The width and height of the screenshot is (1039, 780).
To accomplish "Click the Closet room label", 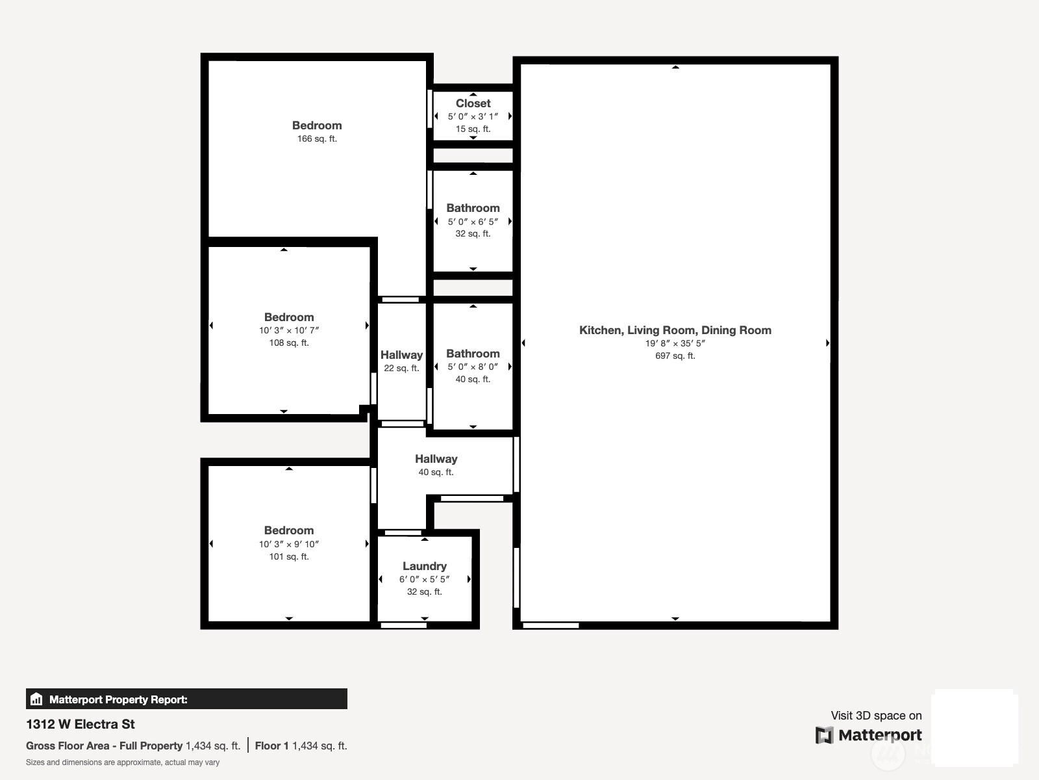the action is pos(473,103).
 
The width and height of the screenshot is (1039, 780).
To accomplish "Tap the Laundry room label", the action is pos(425,566).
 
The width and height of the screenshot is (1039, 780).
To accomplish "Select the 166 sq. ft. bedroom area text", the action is pos(317,138).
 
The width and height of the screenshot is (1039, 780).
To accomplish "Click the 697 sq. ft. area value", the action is pos(675,356).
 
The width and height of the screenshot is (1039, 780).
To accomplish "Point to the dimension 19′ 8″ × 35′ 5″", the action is pos(675,343).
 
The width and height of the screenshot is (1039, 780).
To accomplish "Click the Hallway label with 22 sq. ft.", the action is pos(401,355).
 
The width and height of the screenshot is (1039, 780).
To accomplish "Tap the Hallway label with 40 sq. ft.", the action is pos(436,458).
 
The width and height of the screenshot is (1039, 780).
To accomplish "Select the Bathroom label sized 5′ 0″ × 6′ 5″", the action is pos(473,208).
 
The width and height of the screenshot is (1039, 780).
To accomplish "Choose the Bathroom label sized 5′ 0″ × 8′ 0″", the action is pos(473,354).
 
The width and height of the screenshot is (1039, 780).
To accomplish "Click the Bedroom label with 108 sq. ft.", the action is pos(289,317).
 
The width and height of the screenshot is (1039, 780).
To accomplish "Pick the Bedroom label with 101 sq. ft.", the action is pos(289,530).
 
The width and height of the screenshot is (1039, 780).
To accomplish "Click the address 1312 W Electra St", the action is pos(81,724).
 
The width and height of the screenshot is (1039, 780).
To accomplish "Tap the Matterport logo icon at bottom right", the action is pos(824,735).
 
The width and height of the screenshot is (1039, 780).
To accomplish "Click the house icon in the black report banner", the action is pos(36,699).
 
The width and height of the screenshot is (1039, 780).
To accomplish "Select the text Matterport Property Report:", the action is pos(118,699).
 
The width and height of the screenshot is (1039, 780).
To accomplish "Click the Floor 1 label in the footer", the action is pos(271,746).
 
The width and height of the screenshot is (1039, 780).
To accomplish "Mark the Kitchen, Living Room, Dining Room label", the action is pos(675,330).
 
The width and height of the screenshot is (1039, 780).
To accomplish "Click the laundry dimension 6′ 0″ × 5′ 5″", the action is pos(425,579).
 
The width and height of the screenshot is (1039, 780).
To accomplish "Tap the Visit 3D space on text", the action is pos(876,716).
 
